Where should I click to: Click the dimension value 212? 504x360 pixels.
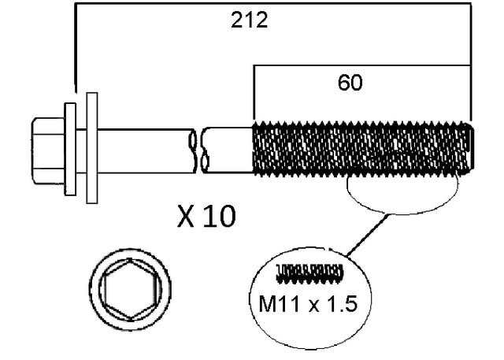(249, 20)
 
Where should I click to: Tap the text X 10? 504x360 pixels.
(206, 216)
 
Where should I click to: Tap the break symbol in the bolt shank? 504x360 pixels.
(198, 150)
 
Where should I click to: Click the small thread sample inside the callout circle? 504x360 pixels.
(310, 273)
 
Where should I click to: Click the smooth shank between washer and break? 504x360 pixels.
(142, 149)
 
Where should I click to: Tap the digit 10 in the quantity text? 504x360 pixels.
(220, 216)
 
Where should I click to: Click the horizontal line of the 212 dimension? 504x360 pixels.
(157, 3)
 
